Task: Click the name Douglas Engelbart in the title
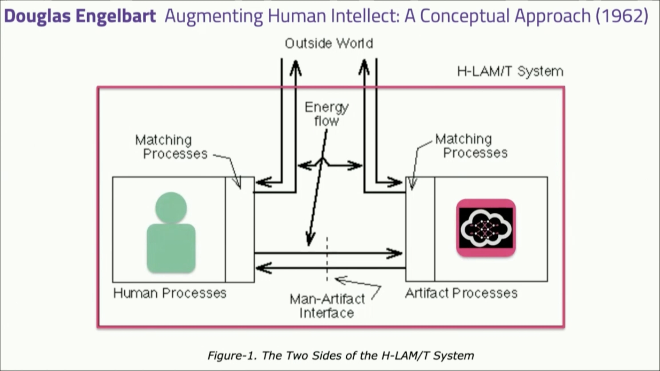(x=80, y=16)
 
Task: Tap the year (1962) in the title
(x=622, y=16)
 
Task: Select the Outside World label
(x=329, y=44)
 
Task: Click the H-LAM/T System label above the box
(x=510, y=71)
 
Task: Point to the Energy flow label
(x=326, y=114)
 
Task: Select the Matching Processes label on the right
(x=471, y=146)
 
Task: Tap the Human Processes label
(x=170, y=293)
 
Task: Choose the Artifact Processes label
(x=461, y=293)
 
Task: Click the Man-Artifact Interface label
(x=327, y=306)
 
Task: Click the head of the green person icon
(x=171, y=208)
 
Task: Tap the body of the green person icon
(x=171, y=248)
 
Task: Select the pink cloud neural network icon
(x=486, y=228)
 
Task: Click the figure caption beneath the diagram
(x=340, y=356)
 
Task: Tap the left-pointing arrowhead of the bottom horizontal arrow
(x=263, y=268)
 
